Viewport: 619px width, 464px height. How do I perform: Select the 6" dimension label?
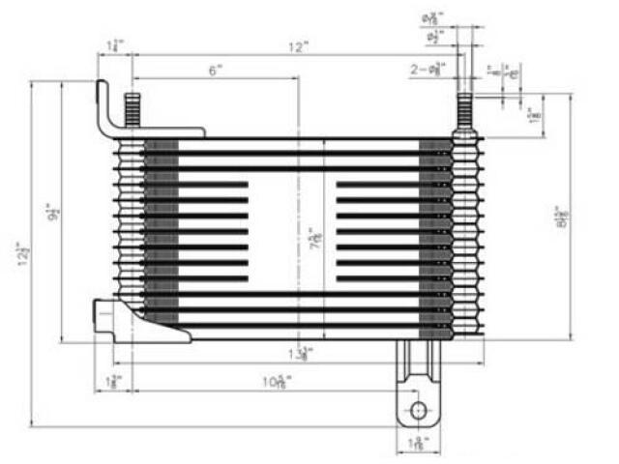(215, 70)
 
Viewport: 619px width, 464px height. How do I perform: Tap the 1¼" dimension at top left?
(115, 45)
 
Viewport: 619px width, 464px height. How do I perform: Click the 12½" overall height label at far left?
(22, 255)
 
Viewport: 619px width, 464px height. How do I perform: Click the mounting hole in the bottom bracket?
(418, 410)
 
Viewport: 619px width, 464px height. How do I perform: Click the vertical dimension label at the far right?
(563, 218)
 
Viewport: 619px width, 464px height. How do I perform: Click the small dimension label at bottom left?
(113, 383)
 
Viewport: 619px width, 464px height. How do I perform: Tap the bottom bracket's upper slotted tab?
(418, 362)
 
